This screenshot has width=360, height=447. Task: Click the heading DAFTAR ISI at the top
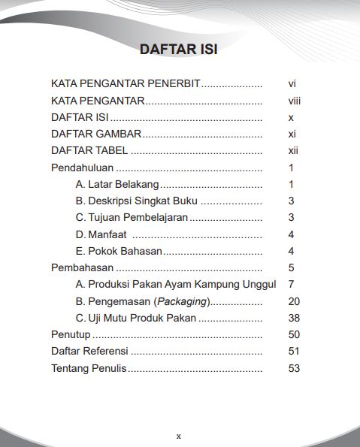[179, 50]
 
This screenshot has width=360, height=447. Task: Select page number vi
[292, 84]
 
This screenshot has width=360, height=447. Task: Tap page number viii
[294, 101]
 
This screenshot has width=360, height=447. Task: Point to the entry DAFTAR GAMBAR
[96, 134]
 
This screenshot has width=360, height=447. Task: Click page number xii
[293, 151]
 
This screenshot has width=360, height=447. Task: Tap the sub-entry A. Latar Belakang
[117, 184]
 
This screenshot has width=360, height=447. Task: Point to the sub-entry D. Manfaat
[101, 234]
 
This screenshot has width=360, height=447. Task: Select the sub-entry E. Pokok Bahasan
[119, 251]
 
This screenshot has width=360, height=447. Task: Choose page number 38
[294, 318]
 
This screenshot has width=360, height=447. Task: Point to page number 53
[294, 368]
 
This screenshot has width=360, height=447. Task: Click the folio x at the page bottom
[179, 436]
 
